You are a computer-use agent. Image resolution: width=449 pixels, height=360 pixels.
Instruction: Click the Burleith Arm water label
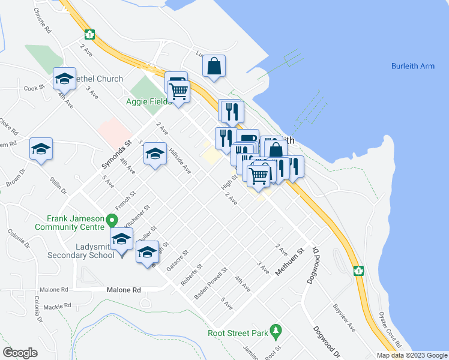(412, 66)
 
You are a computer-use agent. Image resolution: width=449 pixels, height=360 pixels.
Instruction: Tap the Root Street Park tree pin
(276, 330)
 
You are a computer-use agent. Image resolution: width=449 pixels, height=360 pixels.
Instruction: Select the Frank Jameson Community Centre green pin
(112, 220)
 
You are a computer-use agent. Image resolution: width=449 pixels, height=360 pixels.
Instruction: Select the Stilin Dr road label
(59, 184)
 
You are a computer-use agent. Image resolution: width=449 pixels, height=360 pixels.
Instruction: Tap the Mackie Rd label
(58, 306)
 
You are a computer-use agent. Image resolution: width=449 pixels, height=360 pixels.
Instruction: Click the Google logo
(20, 353)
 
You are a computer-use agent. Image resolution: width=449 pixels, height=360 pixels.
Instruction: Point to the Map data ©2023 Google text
(412, 355)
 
